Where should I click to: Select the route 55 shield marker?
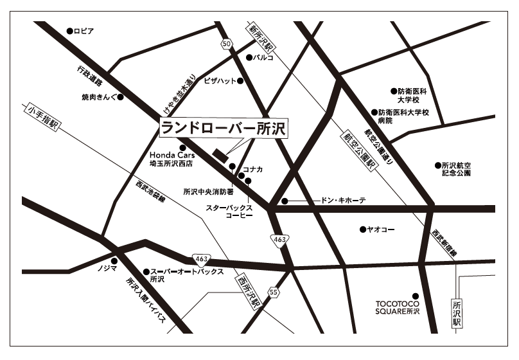(x=274, y=292)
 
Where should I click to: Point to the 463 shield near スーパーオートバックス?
(x=202, y=260)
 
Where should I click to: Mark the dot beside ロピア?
(x=69, y=31)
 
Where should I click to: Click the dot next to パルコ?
(x=249, y=57)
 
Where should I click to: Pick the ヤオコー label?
(x=380, y=230)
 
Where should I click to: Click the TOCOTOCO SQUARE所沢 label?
(x=397, y=307)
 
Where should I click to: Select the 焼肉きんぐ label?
(x=100, y=98)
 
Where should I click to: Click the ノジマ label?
(x=107, y=267)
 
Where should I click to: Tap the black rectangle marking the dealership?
(x=220, y=154)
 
